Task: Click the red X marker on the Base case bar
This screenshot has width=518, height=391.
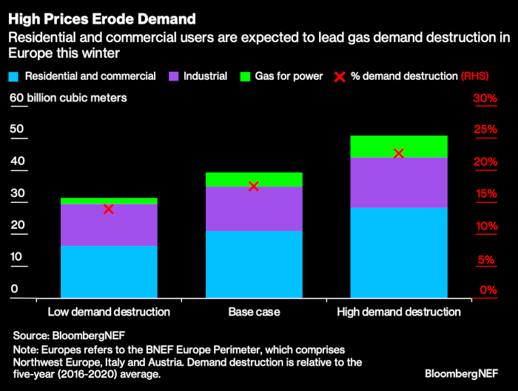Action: pos(254,186)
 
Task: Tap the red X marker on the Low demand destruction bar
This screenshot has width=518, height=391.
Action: pos(109,209)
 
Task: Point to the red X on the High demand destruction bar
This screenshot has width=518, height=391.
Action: pos(399,153)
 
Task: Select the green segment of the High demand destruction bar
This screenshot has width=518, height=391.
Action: pos(399,146)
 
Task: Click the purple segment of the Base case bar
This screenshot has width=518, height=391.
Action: pos(254,208)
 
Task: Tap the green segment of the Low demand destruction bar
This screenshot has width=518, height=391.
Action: pos(109,201)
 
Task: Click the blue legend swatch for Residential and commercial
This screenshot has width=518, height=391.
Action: pos(13,76)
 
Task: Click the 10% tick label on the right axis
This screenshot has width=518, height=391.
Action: pos(485,226)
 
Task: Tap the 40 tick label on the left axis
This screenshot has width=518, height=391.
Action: pos(17,161)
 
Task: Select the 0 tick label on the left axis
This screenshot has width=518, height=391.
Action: pos(13,290)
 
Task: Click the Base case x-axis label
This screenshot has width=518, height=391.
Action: pos(254,312)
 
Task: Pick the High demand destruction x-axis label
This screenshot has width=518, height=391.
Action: pos(399,312)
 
